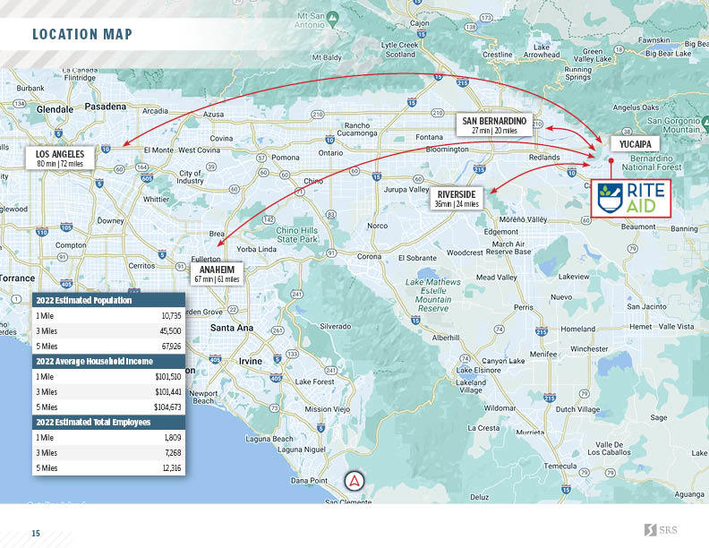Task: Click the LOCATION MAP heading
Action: [x=81, y=35]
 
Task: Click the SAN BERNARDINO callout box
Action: [x=494, y=124]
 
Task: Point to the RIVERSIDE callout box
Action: [x=457, y=198]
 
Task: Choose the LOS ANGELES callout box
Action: [x=60, y=158]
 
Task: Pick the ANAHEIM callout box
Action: [x=218, y=273]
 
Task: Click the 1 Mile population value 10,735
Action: [x=171, y=316]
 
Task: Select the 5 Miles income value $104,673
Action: [x=167, y=407]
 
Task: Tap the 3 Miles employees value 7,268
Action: [x=172, y=453]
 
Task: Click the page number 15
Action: [x=37, y=534]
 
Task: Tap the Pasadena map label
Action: [x=107, y=106]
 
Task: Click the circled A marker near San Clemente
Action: [x=355, y=480]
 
